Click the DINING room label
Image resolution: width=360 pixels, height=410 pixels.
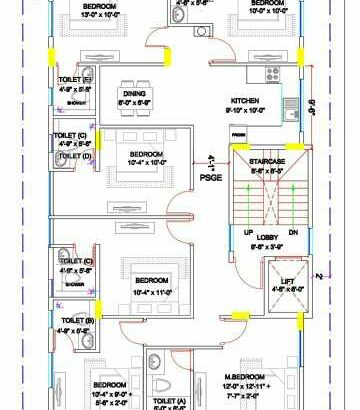133,92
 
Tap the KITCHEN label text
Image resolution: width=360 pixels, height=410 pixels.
246,102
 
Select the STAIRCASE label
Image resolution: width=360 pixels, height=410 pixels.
268,160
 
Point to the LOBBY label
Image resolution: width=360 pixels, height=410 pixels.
267,236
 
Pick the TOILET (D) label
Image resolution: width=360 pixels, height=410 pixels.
72,156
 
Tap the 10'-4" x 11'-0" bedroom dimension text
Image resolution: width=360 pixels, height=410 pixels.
152,291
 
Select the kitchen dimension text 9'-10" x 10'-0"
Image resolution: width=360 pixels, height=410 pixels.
245,112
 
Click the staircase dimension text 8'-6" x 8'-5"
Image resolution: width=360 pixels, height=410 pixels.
268,170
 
